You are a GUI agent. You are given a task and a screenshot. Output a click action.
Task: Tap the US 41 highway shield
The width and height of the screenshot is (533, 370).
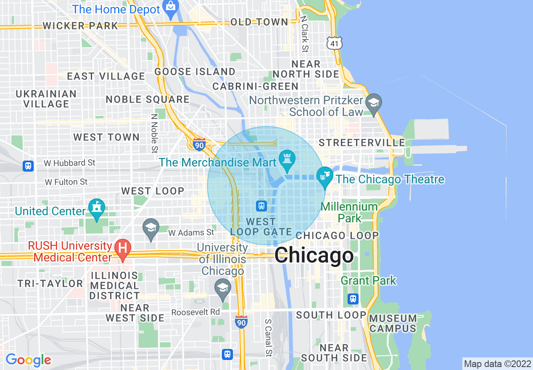pos(335,42)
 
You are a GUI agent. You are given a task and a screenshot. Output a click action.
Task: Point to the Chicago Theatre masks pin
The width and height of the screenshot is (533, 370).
pos(324,177)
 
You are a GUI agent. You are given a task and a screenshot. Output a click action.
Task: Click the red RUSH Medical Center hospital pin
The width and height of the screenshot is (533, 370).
pos(123,249)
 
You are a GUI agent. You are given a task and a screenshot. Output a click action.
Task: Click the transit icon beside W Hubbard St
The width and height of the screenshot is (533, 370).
pos(28,166)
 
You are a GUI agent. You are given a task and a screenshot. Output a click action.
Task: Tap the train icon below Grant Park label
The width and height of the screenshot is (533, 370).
pos(353,299)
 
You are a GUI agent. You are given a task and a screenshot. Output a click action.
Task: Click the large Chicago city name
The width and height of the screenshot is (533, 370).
pos(314,255)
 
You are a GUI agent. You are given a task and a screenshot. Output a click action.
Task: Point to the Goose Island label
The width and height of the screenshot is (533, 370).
pos(195,71)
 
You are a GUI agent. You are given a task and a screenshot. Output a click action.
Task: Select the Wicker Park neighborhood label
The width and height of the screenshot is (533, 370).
pos(80,26)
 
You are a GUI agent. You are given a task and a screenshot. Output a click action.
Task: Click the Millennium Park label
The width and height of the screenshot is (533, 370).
pos(349,212)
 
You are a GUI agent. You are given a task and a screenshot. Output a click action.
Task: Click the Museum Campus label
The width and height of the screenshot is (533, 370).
pos(393,323)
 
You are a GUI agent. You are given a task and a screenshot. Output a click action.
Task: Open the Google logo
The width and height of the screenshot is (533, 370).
pos(28,360)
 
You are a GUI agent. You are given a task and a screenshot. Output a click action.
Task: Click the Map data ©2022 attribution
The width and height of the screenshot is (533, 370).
pos(497,364)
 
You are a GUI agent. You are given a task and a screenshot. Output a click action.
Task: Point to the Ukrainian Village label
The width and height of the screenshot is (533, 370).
pos(46,99)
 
